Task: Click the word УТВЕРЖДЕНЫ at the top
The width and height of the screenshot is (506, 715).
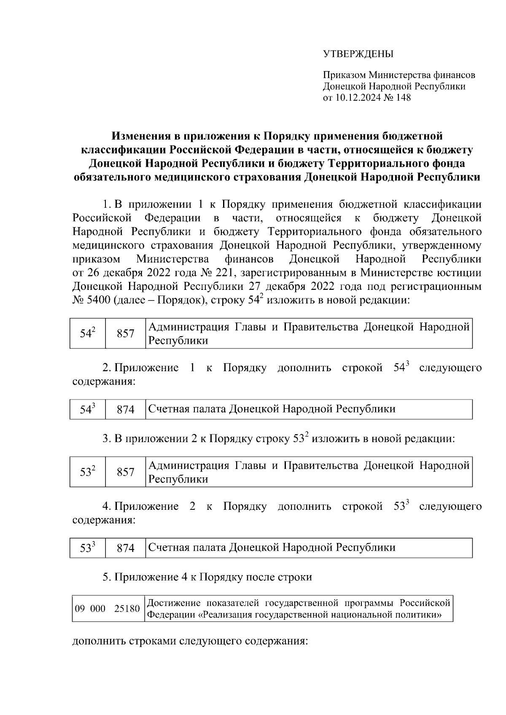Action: [x=358, y=54]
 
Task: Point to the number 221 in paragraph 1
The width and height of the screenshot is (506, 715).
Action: [x=224, y=273]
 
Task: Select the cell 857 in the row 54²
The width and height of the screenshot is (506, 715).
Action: [x=125, y=334]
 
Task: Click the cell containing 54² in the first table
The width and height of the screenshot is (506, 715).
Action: [x=87, y=334]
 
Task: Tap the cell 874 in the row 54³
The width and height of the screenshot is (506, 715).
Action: [x=125, y=410]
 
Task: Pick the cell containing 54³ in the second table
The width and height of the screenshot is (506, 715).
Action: [x=87, y=410]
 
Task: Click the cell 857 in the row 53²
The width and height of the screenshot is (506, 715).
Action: [x=125, y=472]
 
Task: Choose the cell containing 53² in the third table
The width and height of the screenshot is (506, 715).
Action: [x=87, y=472]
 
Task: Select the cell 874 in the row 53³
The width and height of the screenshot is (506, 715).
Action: [x=125, y=548]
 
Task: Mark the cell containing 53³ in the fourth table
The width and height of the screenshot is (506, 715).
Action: [x=87, y=548]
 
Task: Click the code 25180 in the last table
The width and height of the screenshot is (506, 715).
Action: [x=127, y=609]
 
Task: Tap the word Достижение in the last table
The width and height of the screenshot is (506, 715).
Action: [x=170, y=603]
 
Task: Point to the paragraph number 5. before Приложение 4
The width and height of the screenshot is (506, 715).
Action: [x=107, y=577]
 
